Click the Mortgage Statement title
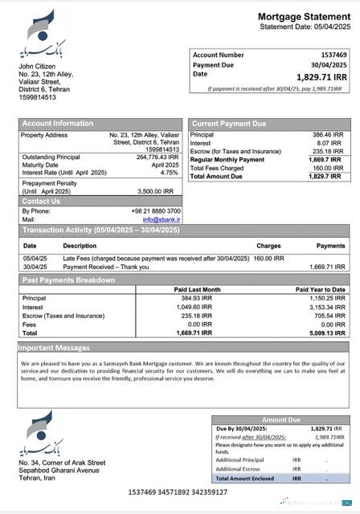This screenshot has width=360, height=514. (x=303, y=16)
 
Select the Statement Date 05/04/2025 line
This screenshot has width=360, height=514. (x=305, y=27)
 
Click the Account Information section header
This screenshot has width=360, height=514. (x=57, y=124)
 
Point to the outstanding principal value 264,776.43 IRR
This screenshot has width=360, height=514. (x=157, y=157)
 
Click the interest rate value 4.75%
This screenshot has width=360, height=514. (x=169, y=173)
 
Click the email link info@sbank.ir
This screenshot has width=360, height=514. (x=162, y=219)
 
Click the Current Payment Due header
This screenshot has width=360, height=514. (x=228, y=124)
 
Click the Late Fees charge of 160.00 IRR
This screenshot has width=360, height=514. (x=268, y=259)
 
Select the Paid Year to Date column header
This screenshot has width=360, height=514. (x=320, y=289)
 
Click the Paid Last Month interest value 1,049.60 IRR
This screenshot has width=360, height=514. (x=194, y=307)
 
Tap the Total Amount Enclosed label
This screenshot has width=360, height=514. (x=245, y=478)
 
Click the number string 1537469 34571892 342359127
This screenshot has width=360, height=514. (x=178, y=492)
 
